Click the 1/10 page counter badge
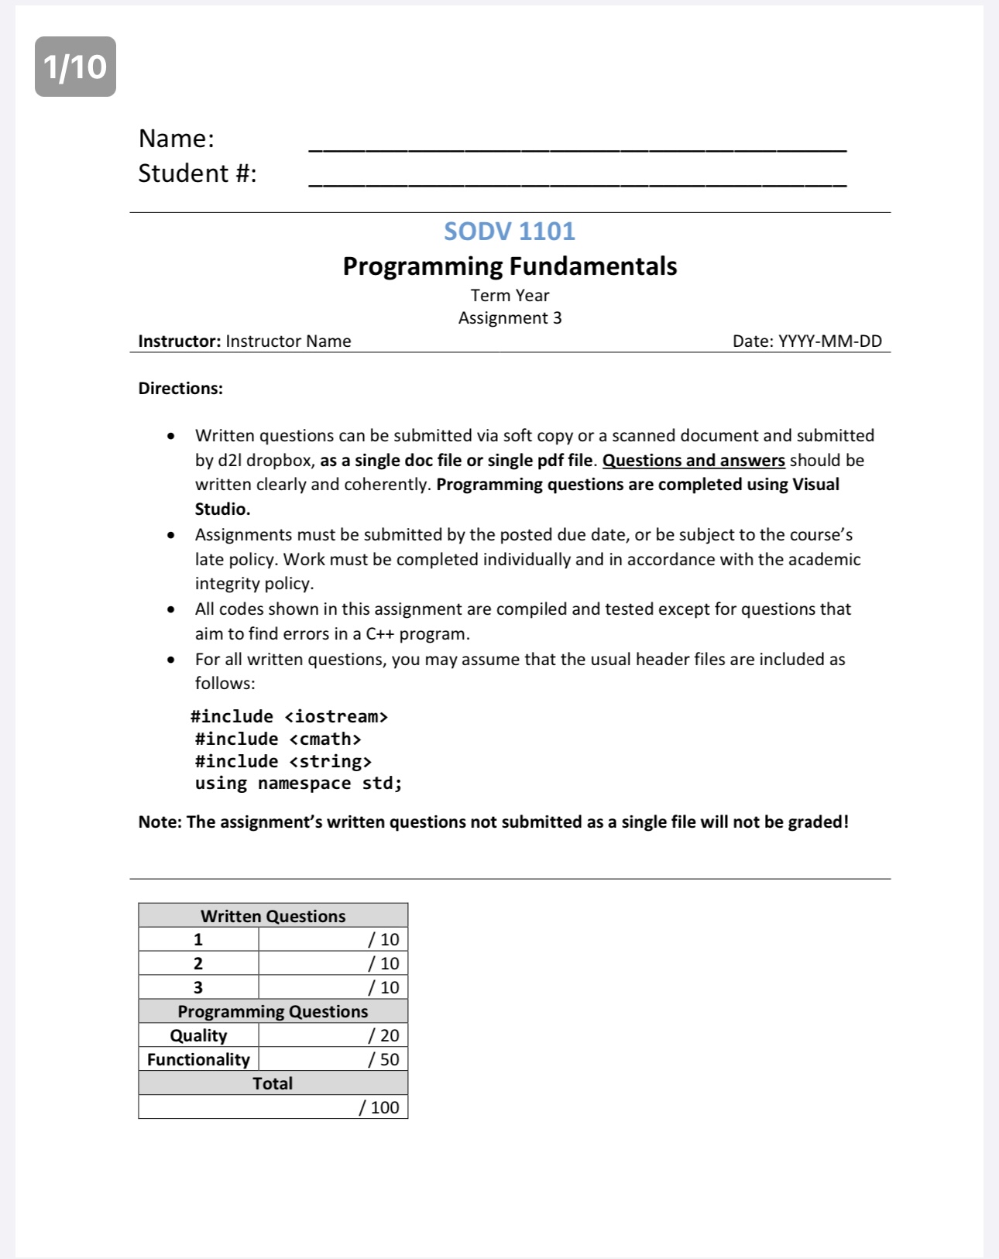point(75,67)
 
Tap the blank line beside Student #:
point(577,182)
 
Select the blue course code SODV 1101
point(510,231)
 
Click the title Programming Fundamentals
point(510,266)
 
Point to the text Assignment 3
point(510,317)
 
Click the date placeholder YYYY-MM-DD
point(829,341)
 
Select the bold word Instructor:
point(179,341)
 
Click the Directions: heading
point(180,388)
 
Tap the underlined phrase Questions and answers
point(693,460)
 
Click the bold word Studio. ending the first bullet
point(222,509)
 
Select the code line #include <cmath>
point(278,739)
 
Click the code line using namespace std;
point(298,783)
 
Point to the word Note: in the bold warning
point(160,822)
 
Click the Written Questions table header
point(273,916)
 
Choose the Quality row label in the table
point(198,1035)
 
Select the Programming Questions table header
point(273,1011)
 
